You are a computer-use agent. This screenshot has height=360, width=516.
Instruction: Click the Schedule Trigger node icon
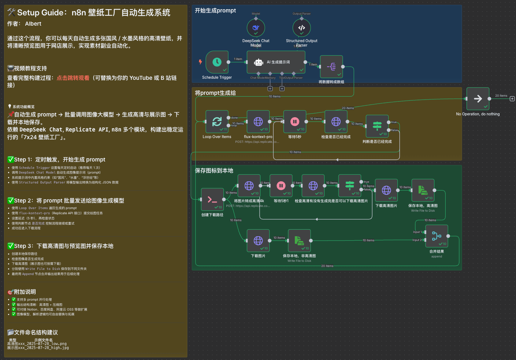[217, 62]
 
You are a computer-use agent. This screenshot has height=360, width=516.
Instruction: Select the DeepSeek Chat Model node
[256, 28]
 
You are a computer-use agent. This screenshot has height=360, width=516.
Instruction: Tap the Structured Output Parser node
[301, 28]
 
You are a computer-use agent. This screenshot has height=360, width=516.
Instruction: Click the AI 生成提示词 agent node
[276, 62]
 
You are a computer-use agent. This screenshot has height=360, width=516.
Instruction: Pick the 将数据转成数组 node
[331, 67]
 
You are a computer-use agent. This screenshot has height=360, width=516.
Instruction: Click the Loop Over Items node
[217, 122]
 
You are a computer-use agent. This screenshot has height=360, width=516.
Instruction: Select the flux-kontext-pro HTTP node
[258, 122]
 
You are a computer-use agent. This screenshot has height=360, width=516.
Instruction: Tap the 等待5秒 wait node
[295, 122]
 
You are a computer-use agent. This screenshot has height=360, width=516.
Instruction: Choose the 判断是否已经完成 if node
[377, 126]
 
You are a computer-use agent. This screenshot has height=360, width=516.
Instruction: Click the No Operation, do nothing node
[478, 99]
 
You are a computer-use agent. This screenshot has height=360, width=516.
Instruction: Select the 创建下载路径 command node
[212, 200]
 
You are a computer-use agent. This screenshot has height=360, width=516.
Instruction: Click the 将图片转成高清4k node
[249, 186]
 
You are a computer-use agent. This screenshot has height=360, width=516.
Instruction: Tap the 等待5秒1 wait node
[281, 186]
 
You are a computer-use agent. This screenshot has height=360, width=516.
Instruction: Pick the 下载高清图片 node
[386, 190]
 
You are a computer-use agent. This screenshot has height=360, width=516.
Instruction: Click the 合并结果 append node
[437, 236]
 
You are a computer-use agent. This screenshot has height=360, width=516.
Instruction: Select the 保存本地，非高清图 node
[299, 241]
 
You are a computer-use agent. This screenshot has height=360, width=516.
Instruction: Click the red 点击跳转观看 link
[73, 78]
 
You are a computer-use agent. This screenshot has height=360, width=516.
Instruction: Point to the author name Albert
[33, 24]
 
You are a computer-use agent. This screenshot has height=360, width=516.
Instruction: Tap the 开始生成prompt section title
[215, 11]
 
